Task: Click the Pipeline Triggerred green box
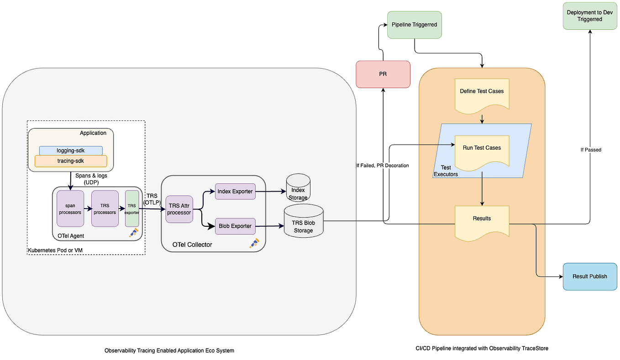[x=414, y=25]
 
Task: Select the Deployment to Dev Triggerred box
[x=589, y=16]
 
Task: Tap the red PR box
[x=383, y=73]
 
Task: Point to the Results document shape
[x=482, y=222]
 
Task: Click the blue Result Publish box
[x=589, y=277]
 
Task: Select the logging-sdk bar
[x=71, y=151]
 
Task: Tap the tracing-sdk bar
[x=71, y=161]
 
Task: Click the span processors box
[x=70, y=209]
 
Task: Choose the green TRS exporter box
[x=131, y=209]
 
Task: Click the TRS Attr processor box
[x=179, y=209]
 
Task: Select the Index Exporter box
[x=235, y=192]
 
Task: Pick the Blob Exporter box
[x=235, y=226]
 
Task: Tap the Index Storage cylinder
[x=298, y=188]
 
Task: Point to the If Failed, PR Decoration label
[x=383, y=166]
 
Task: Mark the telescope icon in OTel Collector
[x=254, y=243]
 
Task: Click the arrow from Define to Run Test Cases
[x=482, y=119]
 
